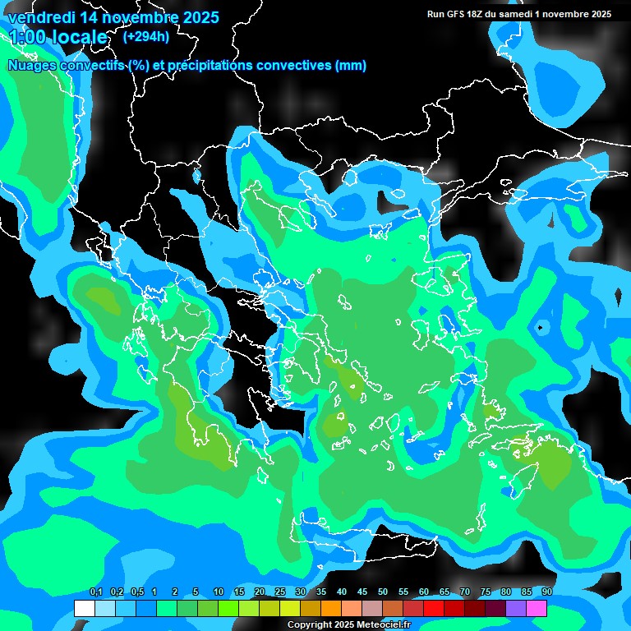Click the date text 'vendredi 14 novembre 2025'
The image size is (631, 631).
click(113, 16)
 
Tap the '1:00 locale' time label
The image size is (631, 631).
click(58, 37)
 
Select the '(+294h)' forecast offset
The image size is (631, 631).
click(146, 36)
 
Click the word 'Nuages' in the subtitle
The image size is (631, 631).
click(33, 66)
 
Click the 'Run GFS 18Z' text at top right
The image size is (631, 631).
click(462, 14)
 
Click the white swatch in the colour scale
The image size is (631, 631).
click(84, 609)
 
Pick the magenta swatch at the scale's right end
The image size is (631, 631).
click(537, 609)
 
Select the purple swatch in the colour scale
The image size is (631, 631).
click(516, 609)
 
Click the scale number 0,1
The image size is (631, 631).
click(96, 592)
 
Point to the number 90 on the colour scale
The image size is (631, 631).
click(546, 592)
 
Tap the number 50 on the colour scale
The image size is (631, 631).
click(383, 592)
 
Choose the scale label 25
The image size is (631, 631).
click(280, 592)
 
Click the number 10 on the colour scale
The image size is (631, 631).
click(219, 592)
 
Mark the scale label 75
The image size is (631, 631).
click(486, 592)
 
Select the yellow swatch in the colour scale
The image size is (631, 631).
click(289, 609)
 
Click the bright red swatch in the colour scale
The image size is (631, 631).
click(434, 609)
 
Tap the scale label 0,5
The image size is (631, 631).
click(137, 592)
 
